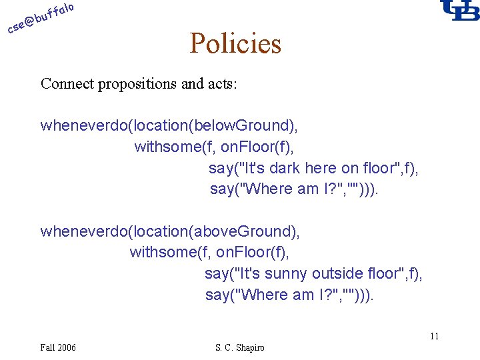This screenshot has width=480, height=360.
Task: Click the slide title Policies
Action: tap(235, 44)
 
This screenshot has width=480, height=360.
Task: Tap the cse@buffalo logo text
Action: tap(41, 18)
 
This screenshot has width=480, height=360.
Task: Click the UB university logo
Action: tap(459, 11)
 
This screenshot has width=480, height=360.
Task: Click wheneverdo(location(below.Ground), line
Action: tap(170, 125)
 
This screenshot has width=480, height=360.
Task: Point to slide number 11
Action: tap(434, 336)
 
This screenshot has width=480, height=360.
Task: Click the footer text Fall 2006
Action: tap(58, 347)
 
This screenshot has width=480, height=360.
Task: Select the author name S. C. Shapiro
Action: tap(240, 347)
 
